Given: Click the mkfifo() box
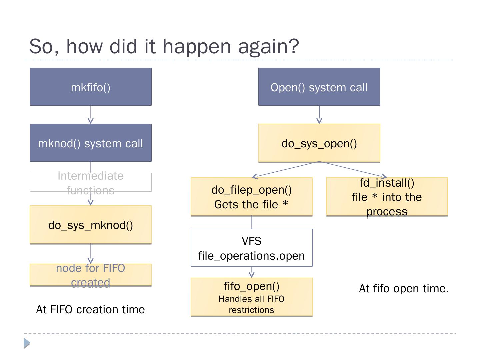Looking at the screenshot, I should [90, 87].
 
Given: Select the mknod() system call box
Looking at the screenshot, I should [90, 143].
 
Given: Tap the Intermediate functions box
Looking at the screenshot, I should [90, 182].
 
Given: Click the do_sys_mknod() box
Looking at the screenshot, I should [90, 225].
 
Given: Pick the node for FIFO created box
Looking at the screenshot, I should [90, 275].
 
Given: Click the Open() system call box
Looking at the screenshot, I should [319, 87].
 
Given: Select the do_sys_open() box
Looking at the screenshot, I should [319, 143].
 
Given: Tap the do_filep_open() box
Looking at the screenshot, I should [251, 197].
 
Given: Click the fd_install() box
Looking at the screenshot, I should [387, 197].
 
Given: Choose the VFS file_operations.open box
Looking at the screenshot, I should [251, 248].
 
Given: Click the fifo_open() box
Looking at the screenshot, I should [251, 297].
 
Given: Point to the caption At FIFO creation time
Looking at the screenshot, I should [90, 309].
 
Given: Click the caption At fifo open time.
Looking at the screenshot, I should [404, 288].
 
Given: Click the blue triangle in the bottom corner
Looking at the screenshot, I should [27, 343].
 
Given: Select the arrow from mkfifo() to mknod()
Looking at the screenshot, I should [90, 115].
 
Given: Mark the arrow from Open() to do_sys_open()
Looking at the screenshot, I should [319, 115].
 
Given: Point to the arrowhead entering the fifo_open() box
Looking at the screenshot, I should [252, 275].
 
